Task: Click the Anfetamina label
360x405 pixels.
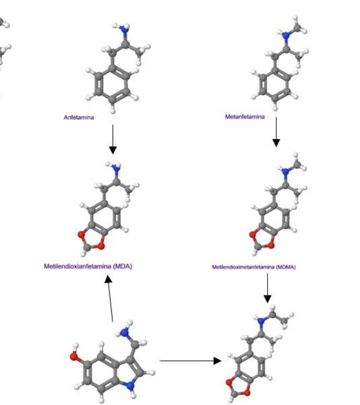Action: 79,118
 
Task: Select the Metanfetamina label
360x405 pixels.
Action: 245,117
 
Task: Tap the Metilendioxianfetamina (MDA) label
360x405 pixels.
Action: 88,266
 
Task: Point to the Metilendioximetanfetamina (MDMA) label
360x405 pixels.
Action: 253,267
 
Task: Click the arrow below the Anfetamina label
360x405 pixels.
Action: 112,139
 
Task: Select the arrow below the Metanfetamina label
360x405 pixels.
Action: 276,132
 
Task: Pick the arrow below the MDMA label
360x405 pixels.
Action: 267,288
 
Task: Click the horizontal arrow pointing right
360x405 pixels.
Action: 190,361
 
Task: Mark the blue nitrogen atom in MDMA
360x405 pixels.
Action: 285,171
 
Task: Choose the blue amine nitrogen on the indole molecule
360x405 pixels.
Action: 124,332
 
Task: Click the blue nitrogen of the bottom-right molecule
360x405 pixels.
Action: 261,321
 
